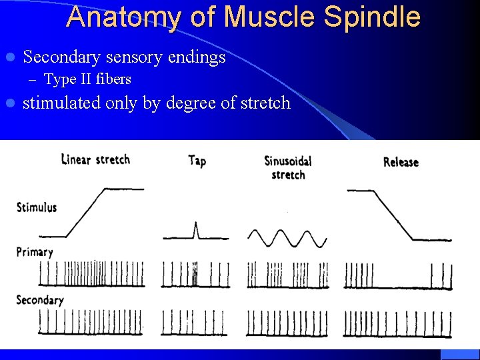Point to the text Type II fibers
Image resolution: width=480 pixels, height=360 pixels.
click(x=87, y=79)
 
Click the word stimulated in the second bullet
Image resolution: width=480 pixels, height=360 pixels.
click(x=62, y=103)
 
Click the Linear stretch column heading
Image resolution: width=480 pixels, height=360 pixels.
click(x=95, y=159)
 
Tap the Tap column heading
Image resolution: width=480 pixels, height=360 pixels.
click(x=197, y=160)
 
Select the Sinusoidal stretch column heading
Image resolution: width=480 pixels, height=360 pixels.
click(x=288, y=167)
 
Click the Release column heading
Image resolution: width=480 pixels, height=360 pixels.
click(x=401, y=162)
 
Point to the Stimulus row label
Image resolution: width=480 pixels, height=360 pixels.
click(x=37, y=207)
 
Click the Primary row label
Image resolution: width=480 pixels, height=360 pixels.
click(x=35, y=253)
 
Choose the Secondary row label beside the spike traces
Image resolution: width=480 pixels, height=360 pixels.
click(x=40, y=299)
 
